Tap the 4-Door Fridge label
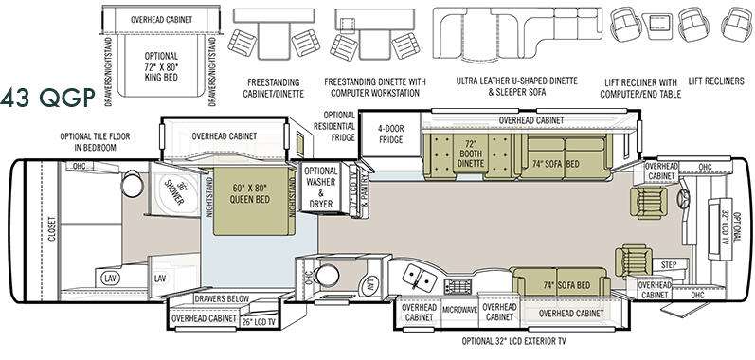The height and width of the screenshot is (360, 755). click(x=392, y=138)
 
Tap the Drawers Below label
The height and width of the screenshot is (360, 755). click(x=222, y=299)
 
